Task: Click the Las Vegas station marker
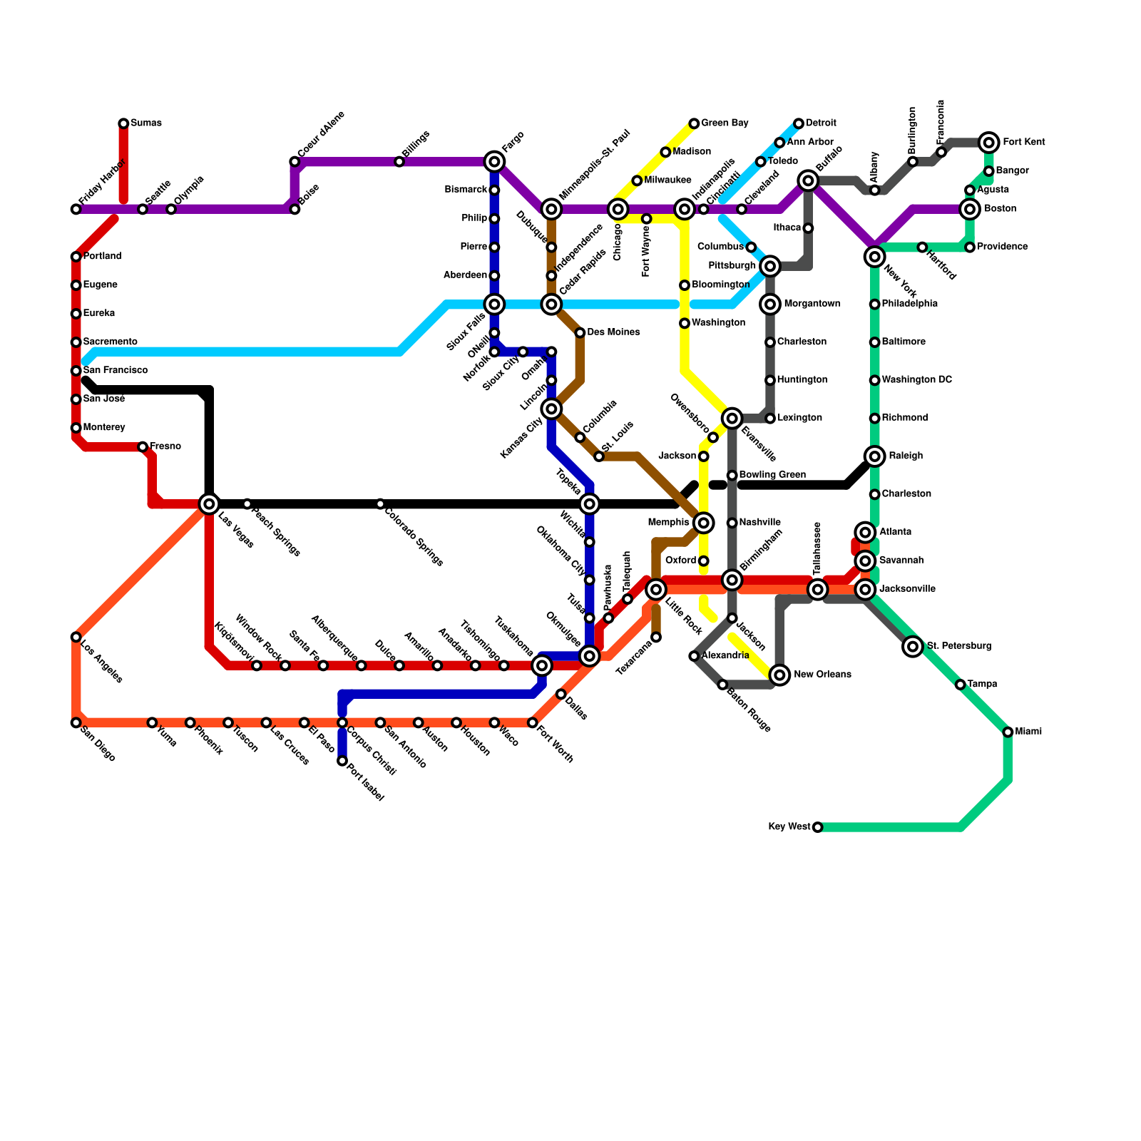point(209,504)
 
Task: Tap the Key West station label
point(789,827)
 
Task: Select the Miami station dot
point(1008,732)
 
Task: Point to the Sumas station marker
point(123,124)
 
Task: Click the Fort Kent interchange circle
point(988,143)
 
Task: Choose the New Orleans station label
point(822,675)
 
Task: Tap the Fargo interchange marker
point(494,162)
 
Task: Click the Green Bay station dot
point(694,124)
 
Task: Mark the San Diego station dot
point(76,723)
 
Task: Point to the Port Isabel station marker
point(342,762)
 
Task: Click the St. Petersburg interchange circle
point(913,647)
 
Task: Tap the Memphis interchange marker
point(704,523)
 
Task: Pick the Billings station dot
point(399,162)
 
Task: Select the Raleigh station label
point(906,456)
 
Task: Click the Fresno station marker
point(143,447)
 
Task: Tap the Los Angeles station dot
point(76,637)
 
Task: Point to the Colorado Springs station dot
point(380,504)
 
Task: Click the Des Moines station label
point(613,332)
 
